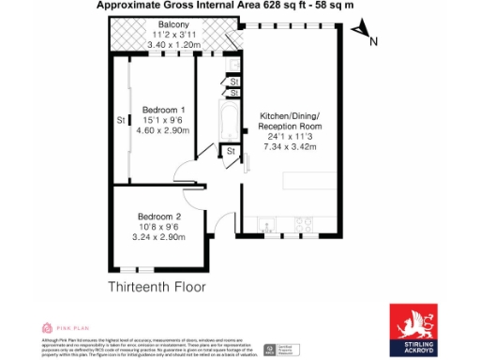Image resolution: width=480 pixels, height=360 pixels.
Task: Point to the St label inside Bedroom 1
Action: [120, 121]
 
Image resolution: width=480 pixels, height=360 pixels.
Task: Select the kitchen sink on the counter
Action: [268, 225]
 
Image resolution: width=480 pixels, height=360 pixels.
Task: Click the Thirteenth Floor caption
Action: [155, 285]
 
